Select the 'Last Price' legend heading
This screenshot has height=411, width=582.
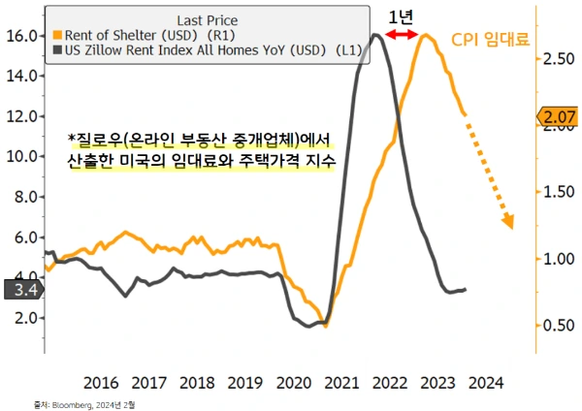point(206,18)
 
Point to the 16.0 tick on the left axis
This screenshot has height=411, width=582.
point(23,35)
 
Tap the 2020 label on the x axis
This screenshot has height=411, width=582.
point(291,381)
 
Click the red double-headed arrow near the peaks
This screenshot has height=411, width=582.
point(401,35)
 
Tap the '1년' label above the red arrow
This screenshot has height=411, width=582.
point(400,16)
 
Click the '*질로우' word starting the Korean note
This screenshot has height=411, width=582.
point(91,138)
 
